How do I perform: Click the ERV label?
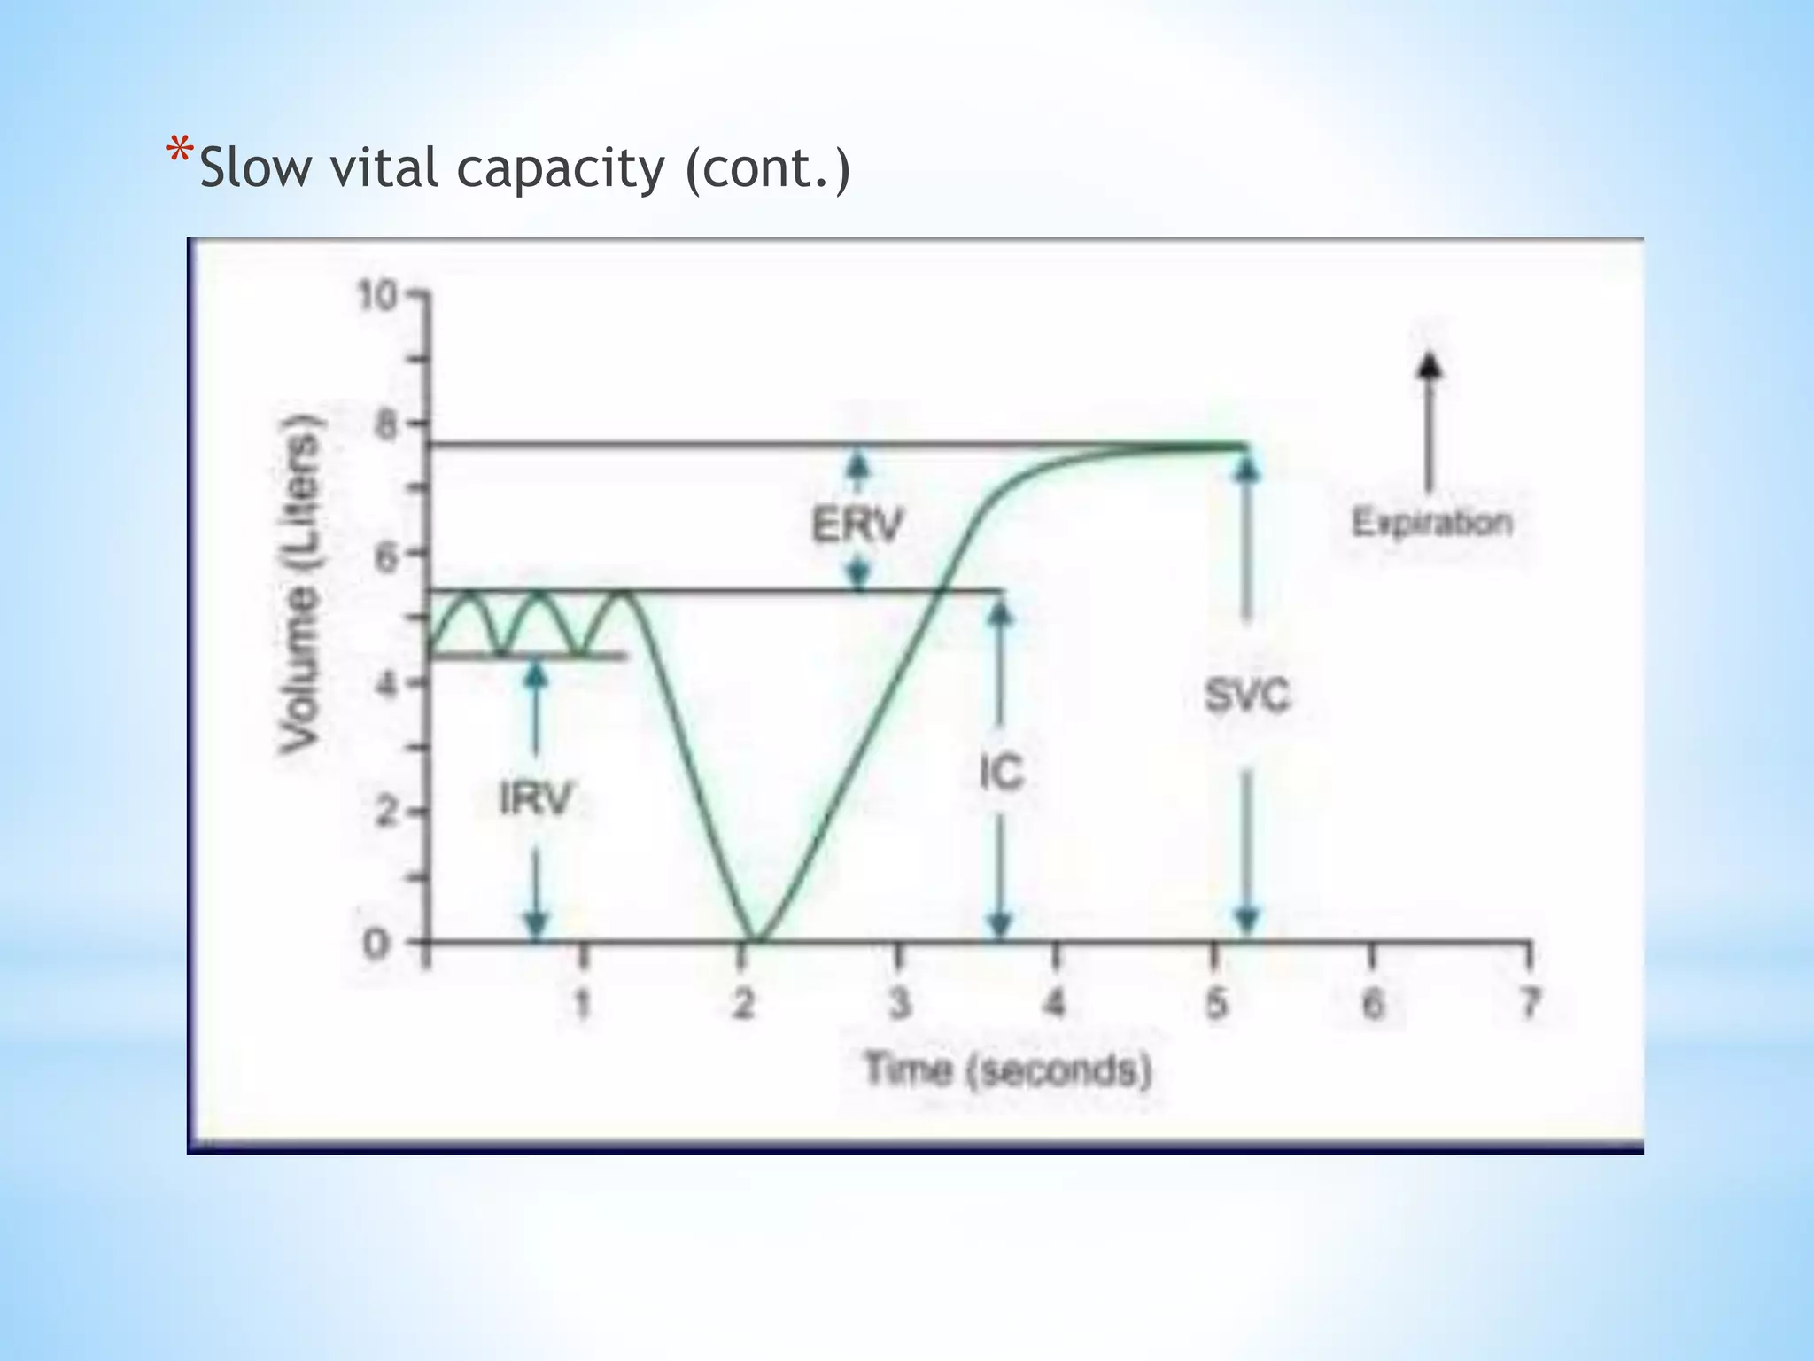[x=857, y=525]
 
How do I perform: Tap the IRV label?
[x=536, y=798]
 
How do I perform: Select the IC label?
[x=1001, y=773]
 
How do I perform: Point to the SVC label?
[x=1247, y=696]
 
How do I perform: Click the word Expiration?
[x=1431, y=522]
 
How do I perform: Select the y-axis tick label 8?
[x=387, y=424]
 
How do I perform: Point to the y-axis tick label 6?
[x=387, y=555]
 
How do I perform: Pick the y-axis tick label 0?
[x=376, y=945]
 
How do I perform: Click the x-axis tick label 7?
[x=1529, y=1005]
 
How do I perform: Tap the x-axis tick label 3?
[x=899, y=1005]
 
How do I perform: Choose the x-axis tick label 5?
[x=1216, y=1005]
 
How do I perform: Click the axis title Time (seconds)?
[x=1008, y=1069]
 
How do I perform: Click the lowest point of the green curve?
[x=755, y=939]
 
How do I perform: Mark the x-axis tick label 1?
[x=582, y=1005]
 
